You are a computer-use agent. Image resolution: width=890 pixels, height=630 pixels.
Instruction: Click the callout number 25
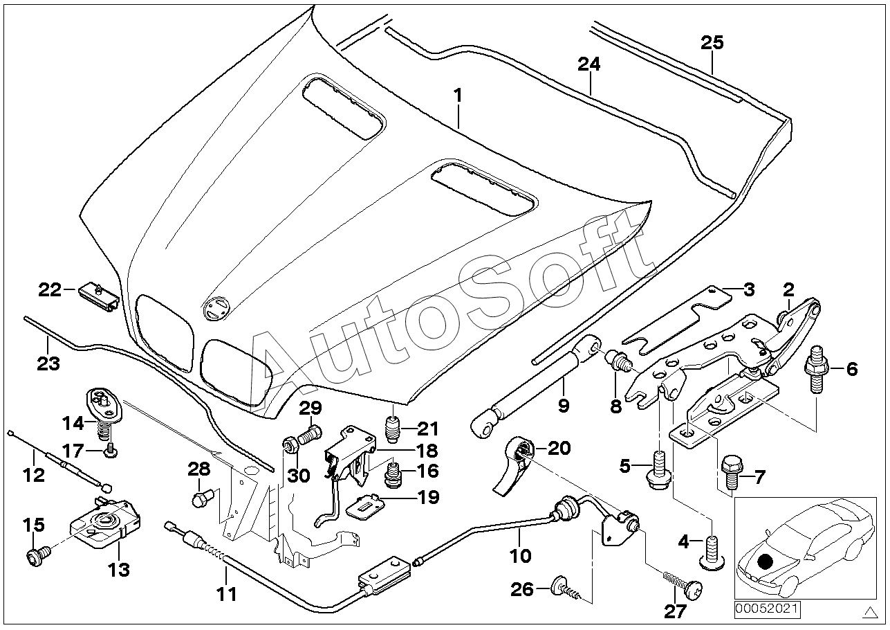712,42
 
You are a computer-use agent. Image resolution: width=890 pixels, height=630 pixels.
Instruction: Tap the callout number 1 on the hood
458,96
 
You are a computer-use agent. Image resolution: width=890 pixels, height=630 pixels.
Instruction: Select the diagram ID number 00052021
766,609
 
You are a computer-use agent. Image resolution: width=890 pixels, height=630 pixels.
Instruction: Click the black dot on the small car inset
766,562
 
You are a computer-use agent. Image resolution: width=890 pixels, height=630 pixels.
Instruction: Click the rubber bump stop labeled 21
393,429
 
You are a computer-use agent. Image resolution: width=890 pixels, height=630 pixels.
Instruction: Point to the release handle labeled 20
515,461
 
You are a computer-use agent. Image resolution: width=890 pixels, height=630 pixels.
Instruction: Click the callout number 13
118,570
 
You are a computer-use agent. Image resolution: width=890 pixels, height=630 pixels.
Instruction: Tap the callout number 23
48,363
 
